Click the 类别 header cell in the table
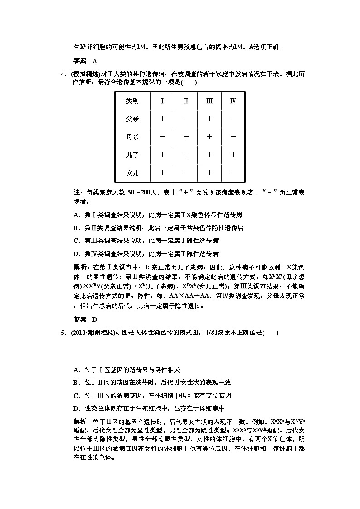pyautogui.click(x=132, y=101)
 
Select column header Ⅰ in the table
pyautogui.click(x=162, y=101)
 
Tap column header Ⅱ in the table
pyautogui.click(x=186, y=101)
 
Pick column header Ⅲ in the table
pyautogui.click(x=209, y=101)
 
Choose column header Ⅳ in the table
pyautogui.click(x=233, y=101)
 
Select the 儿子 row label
pyautogui.click(x=132, y=155)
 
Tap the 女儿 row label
pyautogui.click(x=132, y=173)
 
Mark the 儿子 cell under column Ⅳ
pyautogui.click(x=233, y=155)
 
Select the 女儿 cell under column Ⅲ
pyautogui.click(x=209, y=173)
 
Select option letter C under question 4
pyautogui.click(x=76, y=240)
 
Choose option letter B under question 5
pyautogui.click(x=76, y=383)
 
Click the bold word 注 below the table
pyautogui.click(x=76, y=193)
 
